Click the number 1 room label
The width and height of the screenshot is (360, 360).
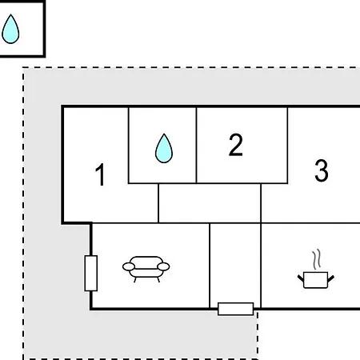point(100,174)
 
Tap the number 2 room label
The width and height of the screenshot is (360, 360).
point(236,145)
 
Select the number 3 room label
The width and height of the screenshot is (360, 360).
point(322,170)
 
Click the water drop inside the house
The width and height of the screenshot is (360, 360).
point(164,148)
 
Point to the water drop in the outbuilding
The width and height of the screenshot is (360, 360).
point(10,29)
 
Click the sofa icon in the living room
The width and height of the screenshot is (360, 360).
point(146,269)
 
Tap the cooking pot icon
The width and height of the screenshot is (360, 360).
point(316,280)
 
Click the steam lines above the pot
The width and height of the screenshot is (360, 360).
point(317,259)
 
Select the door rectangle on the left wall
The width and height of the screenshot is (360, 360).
point(91,273)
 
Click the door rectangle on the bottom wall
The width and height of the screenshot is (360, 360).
point(235,309)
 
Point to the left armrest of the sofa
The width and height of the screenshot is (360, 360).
point(129,266)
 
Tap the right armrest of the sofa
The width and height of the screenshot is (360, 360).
point(163,266)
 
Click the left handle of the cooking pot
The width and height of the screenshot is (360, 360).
point(301,278)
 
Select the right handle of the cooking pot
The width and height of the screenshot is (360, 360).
point(331,278)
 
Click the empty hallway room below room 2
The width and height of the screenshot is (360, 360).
point(210,203)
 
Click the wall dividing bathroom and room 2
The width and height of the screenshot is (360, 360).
point(196,146)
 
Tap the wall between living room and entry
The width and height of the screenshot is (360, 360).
point(210,266)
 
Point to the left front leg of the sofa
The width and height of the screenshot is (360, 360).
point(135,280)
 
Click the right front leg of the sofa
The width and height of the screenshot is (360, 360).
point(158,280)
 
